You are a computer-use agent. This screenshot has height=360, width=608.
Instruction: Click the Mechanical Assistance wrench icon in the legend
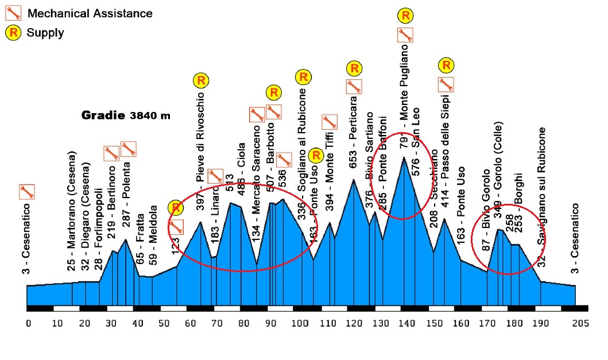pos(13,13)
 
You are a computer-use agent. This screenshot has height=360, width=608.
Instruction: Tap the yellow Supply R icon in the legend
pos(13,32)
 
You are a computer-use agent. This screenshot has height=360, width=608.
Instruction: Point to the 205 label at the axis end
pos(580,324)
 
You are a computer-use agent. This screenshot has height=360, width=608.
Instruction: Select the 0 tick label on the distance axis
pos(28,324)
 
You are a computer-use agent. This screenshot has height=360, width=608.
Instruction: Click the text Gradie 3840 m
pos(126,115)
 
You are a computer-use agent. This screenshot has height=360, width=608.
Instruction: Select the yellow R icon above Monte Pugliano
pos(405,15)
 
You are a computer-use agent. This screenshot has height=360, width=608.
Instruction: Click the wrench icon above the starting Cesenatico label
pos(26,192)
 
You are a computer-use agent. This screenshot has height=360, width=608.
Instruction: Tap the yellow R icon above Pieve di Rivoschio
pos(200,80)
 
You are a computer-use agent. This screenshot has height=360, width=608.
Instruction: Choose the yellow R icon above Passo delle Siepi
pos(446,65)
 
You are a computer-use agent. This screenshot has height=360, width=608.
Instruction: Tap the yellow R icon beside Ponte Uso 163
pos(315,155)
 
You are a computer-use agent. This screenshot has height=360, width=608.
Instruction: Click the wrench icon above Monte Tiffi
pos(329,122)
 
